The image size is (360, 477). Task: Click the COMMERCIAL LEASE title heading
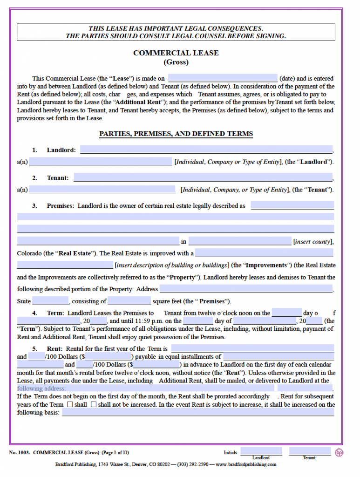pos(176,53)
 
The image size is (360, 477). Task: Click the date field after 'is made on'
pos(223,78)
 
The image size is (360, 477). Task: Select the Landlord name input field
pos(206,150)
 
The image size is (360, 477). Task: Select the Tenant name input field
pos(203,177)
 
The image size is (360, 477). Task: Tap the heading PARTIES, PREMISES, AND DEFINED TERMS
pos(176,134)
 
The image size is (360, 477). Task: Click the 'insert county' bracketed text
pos(313,241)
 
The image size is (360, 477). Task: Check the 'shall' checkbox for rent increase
pos(70,404)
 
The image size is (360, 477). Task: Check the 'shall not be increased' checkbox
pos(93,404)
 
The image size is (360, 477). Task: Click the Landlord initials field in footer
pos(261,451)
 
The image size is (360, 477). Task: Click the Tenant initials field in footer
pos(309,451)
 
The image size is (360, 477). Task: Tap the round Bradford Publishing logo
pos(339,452)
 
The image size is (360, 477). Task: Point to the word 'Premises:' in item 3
pos(60,205)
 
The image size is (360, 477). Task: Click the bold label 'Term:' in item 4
pos(56,313)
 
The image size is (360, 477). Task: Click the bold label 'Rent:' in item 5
pos(55,348)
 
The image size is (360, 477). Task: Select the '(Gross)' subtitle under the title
pos(176,62)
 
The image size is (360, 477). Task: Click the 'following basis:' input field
pos(197,412)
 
